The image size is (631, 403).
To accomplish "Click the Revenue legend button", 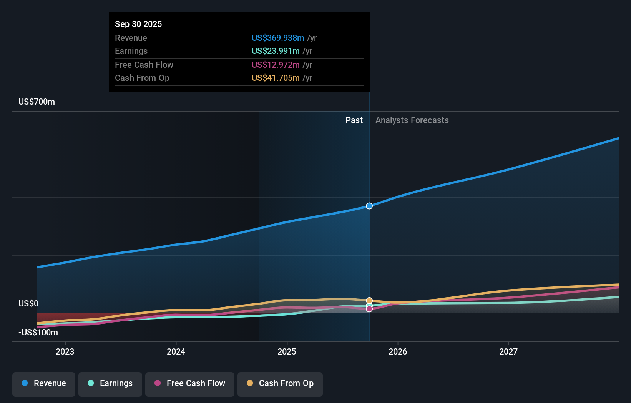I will click(44, 384).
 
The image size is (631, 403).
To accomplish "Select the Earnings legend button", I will click(110, 384).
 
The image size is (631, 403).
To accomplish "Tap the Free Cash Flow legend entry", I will click(190, 384).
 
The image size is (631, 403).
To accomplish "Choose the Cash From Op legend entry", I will click(280, 384).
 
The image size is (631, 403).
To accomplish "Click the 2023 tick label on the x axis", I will click(65, 351).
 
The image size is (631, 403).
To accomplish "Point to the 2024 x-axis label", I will click(176, 351).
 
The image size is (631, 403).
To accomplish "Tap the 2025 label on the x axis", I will click(287, 351).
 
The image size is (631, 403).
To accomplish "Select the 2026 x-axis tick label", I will click(398, 351).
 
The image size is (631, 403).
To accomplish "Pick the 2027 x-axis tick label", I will click(508, 351).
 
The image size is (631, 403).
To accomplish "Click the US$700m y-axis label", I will click(37, 102).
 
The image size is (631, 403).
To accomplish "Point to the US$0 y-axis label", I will click(28, 304).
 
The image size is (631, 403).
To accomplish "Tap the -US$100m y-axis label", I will click(38, 333).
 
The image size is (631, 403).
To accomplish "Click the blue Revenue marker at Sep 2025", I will click(369, 206).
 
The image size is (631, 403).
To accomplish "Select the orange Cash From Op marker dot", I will click(369, 301).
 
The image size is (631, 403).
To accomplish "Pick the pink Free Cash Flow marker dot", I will click(369, 309).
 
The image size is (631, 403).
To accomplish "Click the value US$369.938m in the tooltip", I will click(278, 38).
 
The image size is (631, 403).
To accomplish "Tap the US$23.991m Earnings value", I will click(276, 51).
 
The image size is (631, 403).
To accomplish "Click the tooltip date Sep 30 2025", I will click(138, 24).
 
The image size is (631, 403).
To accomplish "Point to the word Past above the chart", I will click(354, 120).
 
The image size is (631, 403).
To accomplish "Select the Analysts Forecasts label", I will click(412, 120).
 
